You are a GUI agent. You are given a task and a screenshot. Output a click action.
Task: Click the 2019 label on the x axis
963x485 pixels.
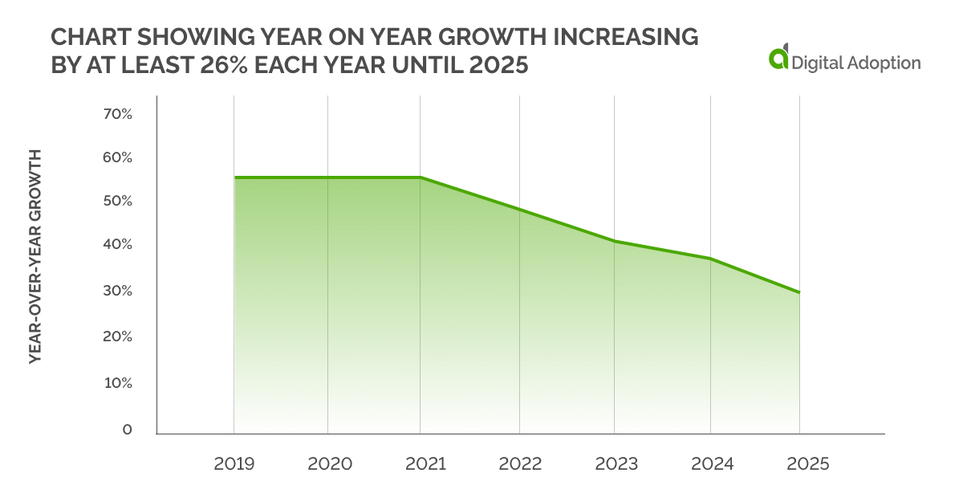point(234,464)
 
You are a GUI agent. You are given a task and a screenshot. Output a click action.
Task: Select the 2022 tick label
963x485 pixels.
point(519,464)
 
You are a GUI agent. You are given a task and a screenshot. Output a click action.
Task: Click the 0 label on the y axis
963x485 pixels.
point(127,430)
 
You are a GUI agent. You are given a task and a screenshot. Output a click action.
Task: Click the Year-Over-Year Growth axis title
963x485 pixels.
point(35,256)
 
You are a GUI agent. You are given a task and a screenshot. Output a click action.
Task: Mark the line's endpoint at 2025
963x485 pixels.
point(798,292)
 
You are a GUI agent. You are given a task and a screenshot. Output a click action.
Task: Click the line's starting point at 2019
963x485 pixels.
point(234,177)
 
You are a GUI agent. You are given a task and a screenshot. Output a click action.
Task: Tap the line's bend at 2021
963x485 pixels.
point(421,177)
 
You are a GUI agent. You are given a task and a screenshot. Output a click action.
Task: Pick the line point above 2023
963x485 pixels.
point(614,241)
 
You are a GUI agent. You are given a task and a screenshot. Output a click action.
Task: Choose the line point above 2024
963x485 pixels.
point(709,259)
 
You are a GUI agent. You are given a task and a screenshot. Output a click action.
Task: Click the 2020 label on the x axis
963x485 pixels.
point(327,464)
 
